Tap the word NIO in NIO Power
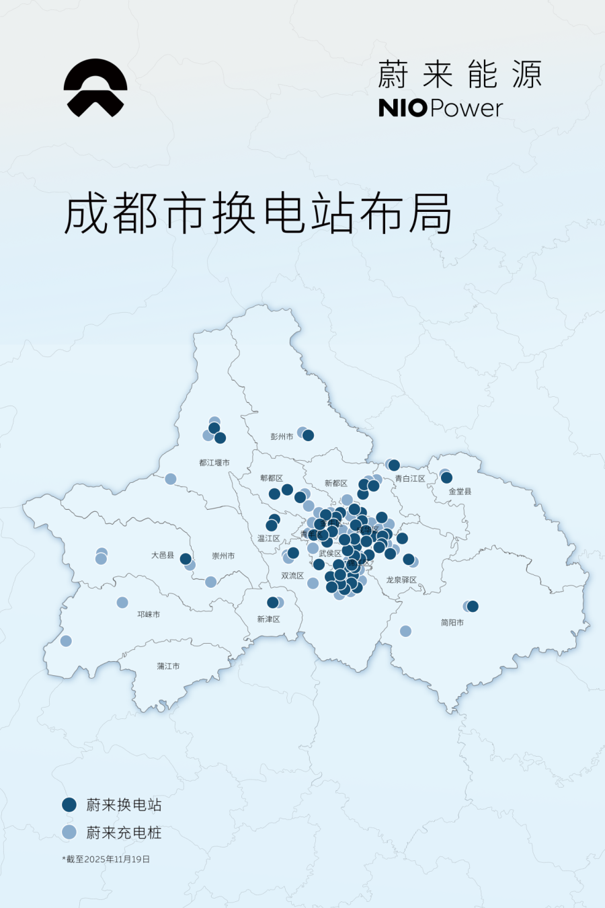click(x=402, y=108)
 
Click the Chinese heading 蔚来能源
click(x=459, y=75)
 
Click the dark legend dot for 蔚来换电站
click(x=69, y=804)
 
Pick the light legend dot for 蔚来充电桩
click(x=69, y=832)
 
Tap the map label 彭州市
click(x=282, y=437)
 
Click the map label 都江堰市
click(x=214, y=463)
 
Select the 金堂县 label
click(x=460, y=492)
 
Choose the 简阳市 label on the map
click(x=452, y=623)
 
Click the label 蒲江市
click(x=168, y=666)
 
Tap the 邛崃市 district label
click(x=149, y=614)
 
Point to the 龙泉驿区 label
click(x=401, y=580)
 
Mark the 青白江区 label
click(x=409, y=479)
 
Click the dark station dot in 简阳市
click(x=473, y=606)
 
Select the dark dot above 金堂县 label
click(x=446, y=478)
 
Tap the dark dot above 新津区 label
click(x=272, y=602)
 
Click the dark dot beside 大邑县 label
click(x=186, y=559)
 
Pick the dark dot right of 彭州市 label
click(x=309, y=435)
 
